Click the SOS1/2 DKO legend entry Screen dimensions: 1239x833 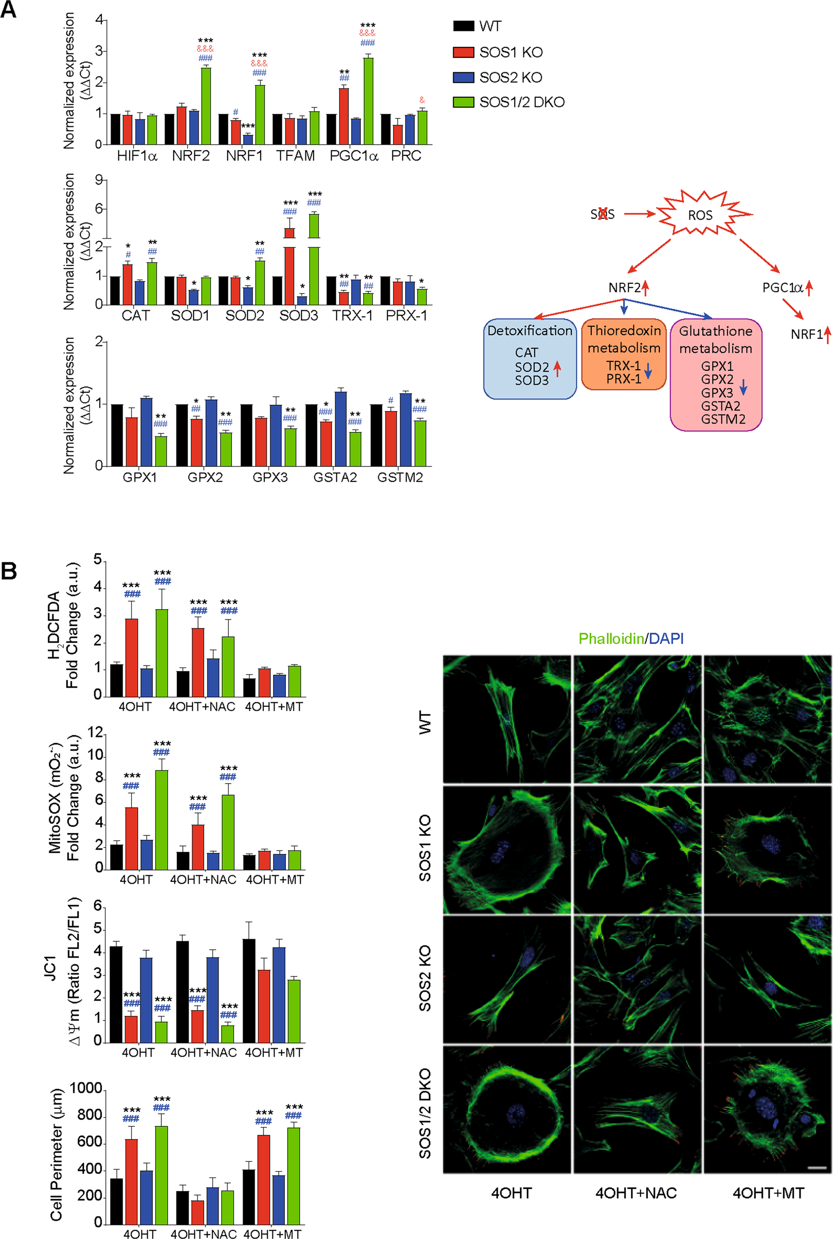pos(521,102)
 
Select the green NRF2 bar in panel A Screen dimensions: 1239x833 pos(206,106)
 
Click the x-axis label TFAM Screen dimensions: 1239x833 pos(295,156)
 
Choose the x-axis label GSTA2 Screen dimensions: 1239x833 pos(334,478)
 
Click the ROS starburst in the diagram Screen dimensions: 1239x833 pos(700,215)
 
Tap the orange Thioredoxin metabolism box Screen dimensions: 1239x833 pos(624,354)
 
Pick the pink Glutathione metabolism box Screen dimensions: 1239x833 pos(716,375)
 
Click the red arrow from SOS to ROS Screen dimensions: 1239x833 pos(639,214)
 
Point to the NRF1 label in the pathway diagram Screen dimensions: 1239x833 pos(807,335)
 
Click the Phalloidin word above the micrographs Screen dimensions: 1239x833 pos(611,639)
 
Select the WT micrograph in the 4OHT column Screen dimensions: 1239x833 pos(507,719)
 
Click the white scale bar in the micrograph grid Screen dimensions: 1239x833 pos(817,1167)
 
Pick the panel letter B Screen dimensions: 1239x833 pos(9,571)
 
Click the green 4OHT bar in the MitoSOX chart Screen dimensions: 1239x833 pos(161,819)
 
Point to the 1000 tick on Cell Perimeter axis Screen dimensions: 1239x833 pos(86,1088)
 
